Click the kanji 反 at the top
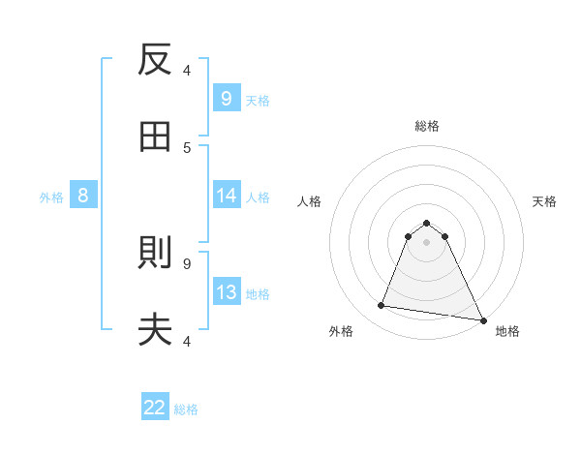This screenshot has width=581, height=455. tap(155, 60)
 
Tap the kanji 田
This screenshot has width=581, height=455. tap(155, 136)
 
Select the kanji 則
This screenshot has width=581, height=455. tap(155, 255)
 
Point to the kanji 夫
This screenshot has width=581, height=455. tap(155, 330)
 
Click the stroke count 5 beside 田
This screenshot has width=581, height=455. tap(187, 147)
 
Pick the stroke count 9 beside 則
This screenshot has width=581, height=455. tap(187, 263)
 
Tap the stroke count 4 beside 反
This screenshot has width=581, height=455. tap(187, 71)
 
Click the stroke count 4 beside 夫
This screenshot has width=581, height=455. tap(187, 340)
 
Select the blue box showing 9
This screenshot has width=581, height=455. tap(226, 98)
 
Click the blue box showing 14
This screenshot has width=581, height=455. tap(226, 196)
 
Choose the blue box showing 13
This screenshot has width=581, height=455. tap(226, 292)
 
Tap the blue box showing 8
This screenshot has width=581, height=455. tap(83, 196)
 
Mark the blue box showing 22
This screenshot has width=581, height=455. tap(155, 408)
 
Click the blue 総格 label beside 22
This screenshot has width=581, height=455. tap(187, 409)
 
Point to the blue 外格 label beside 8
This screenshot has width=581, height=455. tap(51, 197)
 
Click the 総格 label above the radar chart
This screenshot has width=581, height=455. tap(427, 126)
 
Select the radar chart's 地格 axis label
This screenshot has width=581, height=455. tap(507, 332)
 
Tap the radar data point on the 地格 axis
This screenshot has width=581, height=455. tap(482, 318)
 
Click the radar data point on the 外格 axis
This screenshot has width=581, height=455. tap(382, 306)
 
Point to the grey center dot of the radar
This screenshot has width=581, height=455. tap(427, 241)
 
